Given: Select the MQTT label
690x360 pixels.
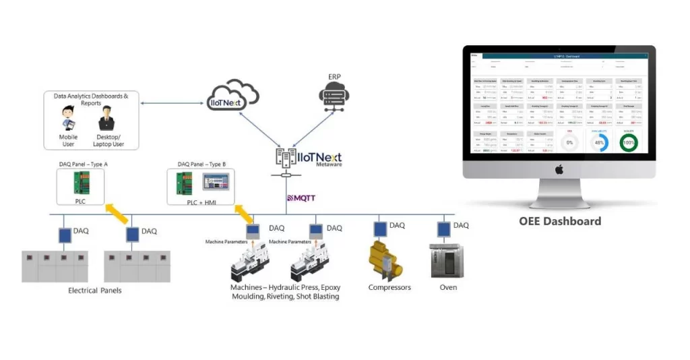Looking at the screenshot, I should tap(301, 198).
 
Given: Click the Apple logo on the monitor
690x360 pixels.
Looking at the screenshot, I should tap(559, 170).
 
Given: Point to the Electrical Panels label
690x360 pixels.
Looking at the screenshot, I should tap(95, 291).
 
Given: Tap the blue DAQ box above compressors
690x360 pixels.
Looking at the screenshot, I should tap(381, 229).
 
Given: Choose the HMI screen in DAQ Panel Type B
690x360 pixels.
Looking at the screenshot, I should tap(215, 180).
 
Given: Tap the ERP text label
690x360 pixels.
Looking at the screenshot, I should tap(334, 78).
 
